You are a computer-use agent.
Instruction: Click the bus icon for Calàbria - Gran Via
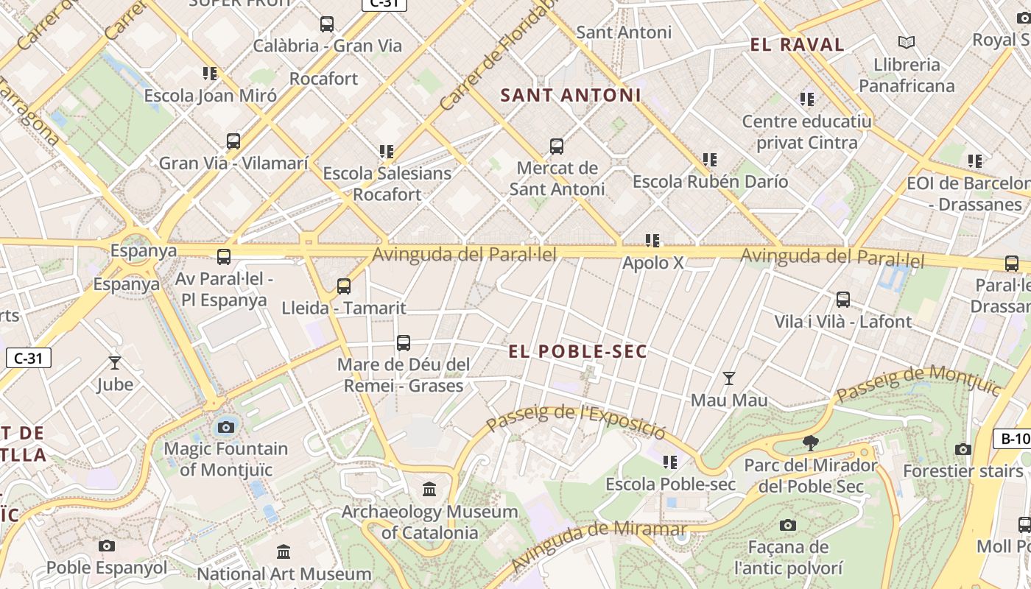pyautogui.click(x=327, y=24)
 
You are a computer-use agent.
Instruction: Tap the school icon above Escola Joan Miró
pyautogui.click(x=210, y=74)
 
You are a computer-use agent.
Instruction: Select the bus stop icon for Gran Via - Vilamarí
pyautogui.click(x=233, y=141)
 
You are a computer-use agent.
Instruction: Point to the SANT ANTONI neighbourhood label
pyautogui.click(x=571, y=95)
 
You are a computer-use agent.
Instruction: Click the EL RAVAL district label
pyautogui.click(x=797, y=45)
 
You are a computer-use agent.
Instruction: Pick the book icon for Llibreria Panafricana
pyautogui.click(x=907, y=43)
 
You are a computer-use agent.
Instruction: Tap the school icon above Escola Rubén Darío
pyautogui.click(x=710, y=160)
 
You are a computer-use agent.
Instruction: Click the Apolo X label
pyautogui.click(x=652, y=263)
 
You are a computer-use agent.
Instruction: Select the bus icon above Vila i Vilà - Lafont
pyautogui.click(x=843, y=300)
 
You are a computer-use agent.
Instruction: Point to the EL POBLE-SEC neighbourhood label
pyautogui.click(x=577, y=352)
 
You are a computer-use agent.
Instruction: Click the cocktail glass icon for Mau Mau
pyautogui.click(x=729, y=378)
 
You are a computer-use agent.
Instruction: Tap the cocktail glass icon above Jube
pyautogui.click(x=115, y=362)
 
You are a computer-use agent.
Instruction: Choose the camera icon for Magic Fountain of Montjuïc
pyautogui.click(x=226, y=427)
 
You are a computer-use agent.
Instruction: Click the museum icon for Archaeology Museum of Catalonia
pyautogui.click(x=429, y=489)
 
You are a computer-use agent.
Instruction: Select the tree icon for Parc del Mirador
pyautogui.click(x=811, y=443)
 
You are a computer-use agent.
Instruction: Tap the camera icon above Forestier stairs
pyautogui.click(x=963, y=449)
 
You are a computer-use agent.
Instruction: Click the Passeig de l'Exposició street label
pyautogui.click(x=576, y=417)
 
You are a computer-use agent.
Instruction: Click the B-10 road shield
pyautogui.click(x=1013, y=440)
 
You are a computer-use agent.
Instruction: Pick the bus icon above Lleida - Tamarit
pyautogui.click(x=344, y=286)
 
